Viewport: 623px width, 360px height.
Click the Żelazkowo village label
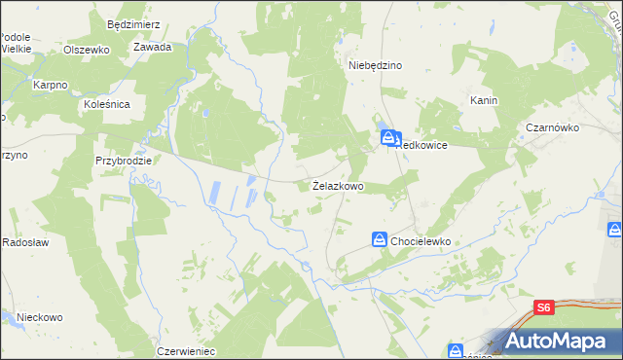[338, 185]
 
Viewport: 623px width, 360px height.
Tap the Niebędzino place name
[376, 65]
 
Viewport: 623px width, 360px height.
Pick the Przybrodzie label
[124, 161]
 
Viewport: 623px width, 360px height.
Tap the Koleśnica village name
[114, 102]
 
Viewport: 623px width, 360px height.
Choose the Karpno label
[50, 86]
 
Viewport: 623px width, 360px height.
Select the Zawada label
[153, 47]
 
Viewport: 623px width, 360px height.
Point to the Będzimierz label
[132, 19]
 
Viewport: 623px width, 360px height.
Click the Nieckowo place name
[40, 317]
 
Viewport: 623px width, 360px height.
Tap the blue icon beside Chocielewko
[380, 238]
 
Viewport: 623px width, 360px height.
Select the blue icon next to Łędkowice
[388, 138]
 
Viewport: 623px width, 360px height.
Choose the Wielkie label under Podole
[17, 48]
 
